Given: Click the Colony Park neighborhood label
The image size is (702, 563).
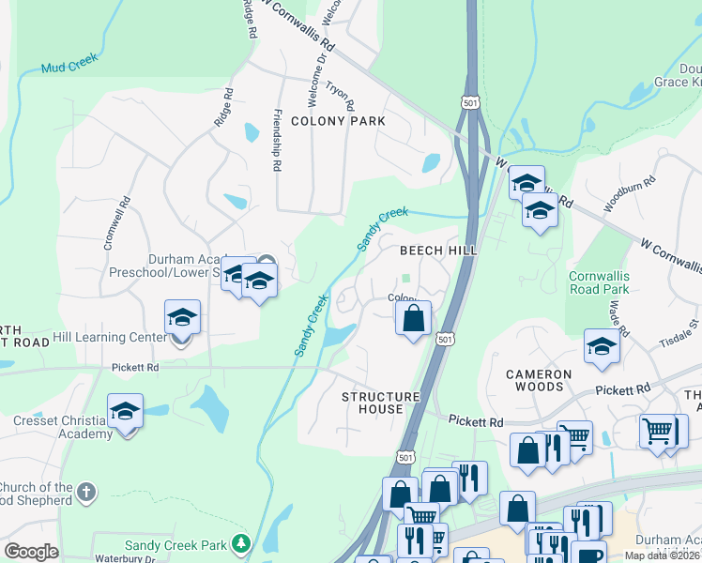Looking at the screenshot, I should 338,121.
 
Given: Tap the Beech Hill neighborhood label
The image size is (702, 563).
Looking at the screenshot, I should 438,251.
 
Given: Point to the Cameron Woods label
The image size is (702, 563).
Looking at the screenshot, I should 539,380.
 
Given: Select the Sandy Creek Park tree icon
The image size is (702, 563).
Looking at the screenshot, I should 242,543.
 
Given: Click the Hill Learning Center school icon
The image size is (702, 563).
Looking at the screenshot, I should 182,319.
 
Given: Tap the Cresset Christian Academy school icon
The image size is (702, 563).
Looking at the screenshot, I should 125,413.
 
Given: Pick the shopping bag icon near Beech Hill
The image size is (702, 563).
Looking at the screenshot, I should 413,319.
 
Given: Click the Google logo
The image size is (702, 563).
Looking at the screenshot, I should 31,552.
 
